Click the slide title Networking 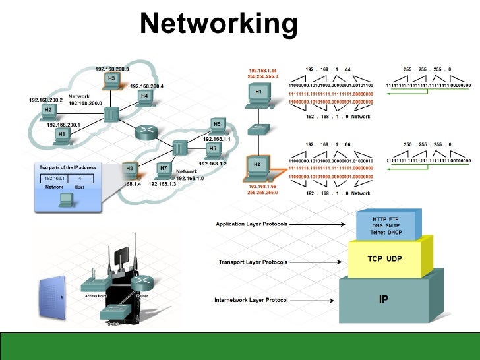click(x=219, y=24)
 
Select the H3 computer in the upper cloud click(x=111, y=80)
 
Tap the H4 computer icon click(x=144, y=98)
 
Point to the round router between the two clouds click(x=143, y=132)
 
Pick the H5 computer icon click(x=216, y=125)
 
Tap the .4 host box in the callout click(x=79, y=178)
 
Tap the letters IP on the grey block click(x=383, y=299)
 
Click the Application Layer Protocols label click(x=252, y=224)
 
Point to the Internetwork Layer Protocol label click(x=251, y=300)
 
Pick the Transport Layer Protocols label click(x=253, y=262)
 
